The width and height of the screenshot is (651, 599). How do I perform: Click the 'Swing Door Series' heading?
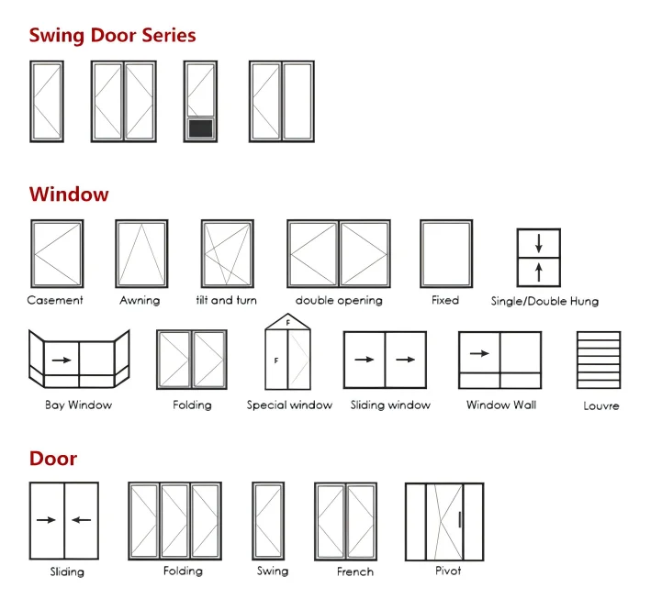pyautogui.click(x=112, y=36)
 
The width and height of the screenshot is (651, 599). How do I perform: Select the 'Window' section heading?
pyautogui.click(x=69, y=194)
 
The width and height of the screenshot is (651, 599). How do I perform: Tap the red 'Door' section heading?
pyautogui.click(x=53, y=458)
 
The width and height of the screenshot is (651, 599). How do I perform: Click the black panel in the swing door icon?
pyautogui.click(x=199, y=128)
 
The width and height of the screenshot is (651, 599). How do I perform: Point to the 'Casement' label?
pyautogui.click(x=55, y=300)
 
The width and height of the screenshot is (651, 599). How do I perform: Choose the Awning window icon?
pyautogui.click(x=141, y=254)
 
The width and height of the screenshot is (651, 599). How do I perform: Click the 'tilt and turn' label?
pyautogui.click(x=227, y=300)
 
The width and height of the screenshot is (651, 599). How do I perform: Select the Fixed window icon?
pyautogui.click(x=446, y=254)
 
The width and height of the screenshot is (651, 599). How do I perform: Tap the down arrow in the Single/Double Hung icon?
pyautogui.click(x=539, y=244)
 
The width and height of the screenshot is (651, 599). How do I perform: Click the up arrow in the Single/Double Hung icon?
pyautogui.click(x=539, y=272)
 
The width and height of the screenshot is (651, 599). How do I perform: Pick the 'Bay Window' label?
pyautogui.click(x=78, y=405)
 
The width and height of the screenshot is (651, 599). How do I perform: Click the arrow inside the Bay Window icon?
pyautogui.click(x=62, y=360)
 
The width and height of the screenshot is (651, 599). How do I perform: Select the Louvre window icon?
pyautogui.click(x=599, y=361)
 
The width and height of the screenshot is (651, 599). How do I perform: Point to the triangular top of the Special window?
pyautogui.click(x=288, y=323)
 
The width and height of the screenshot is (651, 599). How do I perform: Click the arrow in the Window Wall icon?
pyautogui.click(x=479, y=352)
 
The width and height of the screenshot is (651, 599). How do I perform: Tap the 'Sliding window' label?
pyautogui.click(x=390, y=405)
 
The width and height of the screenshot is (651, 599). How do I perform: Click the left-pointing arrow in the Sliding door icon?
pyautogui.click(x=82, y=520)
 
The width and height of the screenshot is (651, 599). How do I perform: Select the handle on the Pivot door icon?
pyautogui.click(x=459, y=520)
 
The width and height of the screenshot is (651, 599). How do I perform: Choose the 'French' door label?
pyautogui.click(x=354, y=571)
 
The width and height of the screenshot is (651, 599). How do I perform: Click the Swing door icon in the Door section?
pyautogui.click(x=269, y=521)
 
